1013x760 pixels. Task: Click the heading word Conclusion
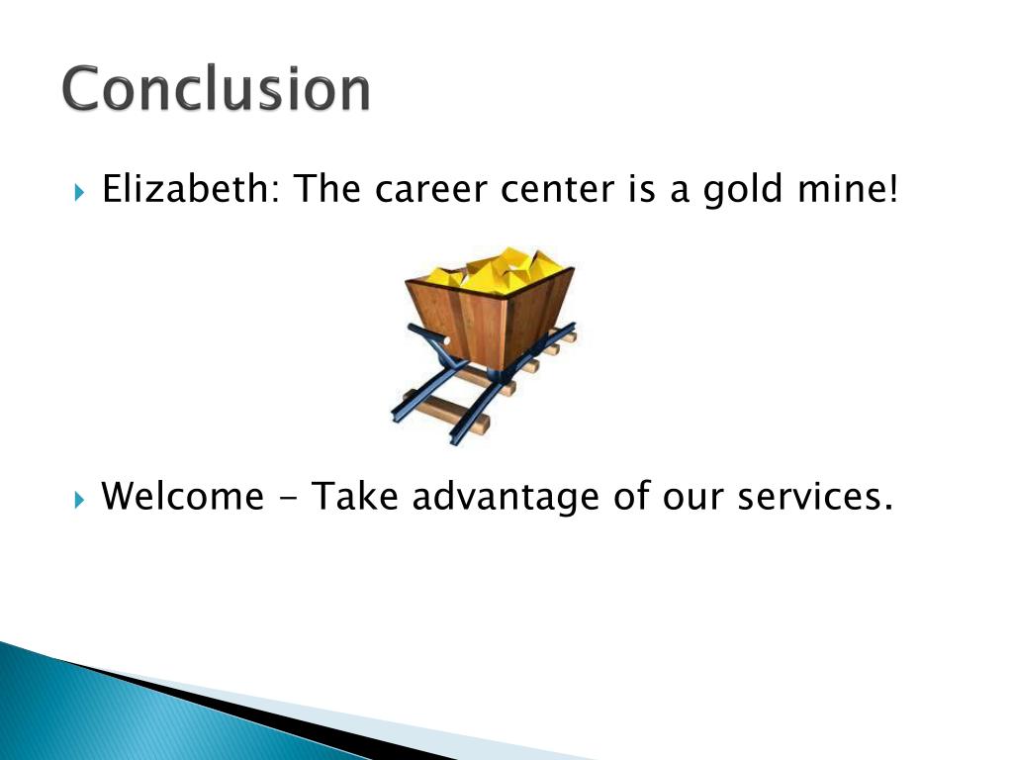216,88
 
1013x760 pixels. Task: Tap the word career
430,190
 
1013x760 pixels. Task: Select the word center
557,190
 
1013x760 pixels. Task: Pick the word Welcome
183,497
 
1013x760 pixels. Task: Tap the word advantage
506,498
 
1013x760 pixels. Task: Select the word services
815,497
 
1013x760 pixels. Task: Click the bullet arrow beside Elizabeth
79,192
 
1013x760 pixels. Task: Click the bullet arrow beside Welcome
79,499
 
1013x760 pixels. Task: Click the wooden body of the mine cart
491,320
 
